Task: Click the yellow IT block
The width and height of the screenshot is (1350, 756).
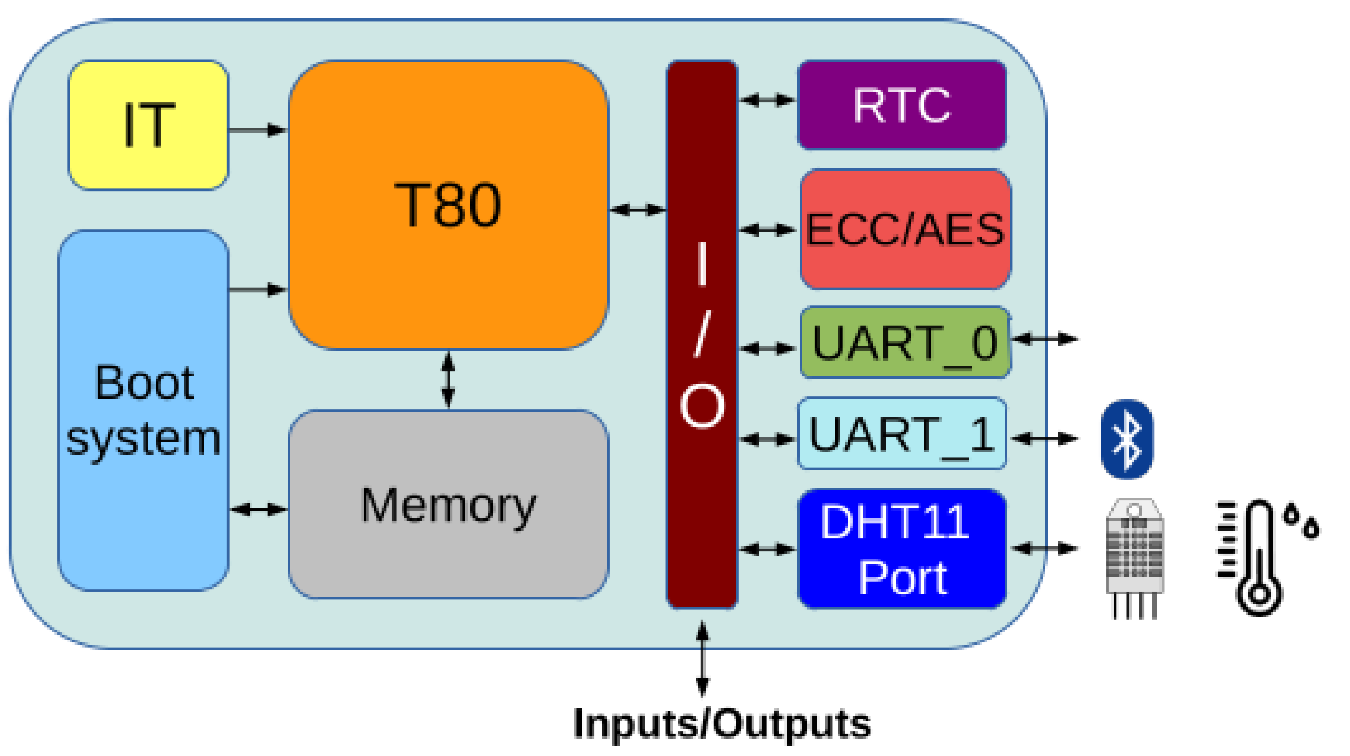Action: pyautogui.click(x=148, y=125)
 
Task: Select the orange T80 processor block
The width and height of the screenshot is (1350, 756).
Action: pyautogui.click(x=448, y=205)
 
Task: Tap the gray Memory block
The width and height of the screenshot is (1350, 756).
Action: pyautogui.click(x=448, y=504)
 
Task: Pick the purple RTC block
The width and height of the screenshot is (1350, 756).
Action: pyautogui.click(x=901, y=105)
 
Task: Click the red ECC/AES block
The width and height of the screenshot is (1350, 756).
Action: pyautogui.click(x=905, y=229)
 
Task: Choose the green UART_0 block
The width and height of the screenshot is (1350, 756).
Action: pyautogui.click(x=905, y=342)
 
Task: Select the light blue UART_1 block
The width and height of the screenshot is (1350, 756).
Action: pyautogui.click(x=901, y=433)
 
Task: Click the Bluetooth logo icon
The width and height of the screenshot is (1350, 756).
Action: pyautogui.click(x=1127, y=439)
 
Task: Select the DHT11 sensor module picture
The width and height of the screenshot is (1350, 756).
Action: pyautogui.click(x=1135, y=557)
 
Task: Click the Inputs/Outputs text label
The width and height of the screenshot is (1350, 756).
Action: pyautogui.click(x=721, y=723)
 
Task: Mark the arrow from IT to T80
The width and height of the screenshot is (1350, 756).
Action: pyautogui.click(x=258, y=129)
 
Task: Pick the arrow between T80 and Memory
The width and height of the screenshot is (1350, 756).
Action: pyautogui.click(x=448, y=379)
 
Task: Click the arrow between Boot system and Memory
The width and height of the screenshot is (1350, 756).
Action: pyautogui.click(x=259, y=509)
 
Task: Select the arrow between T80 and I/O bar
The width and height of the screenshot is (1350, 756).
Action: pyautogui.click(x=637, y=210)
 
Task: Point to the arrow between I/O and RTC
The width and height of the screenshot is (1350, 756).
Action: pyautogui.click(x=767, y=99)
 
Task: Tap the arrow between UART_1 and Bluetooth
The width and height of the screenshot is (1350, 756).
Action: pyautogui.click(x=1045, y=438)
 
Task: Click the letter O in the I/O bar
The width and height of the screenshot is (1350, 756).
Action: pyautogui.click(x=701, y=405)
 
